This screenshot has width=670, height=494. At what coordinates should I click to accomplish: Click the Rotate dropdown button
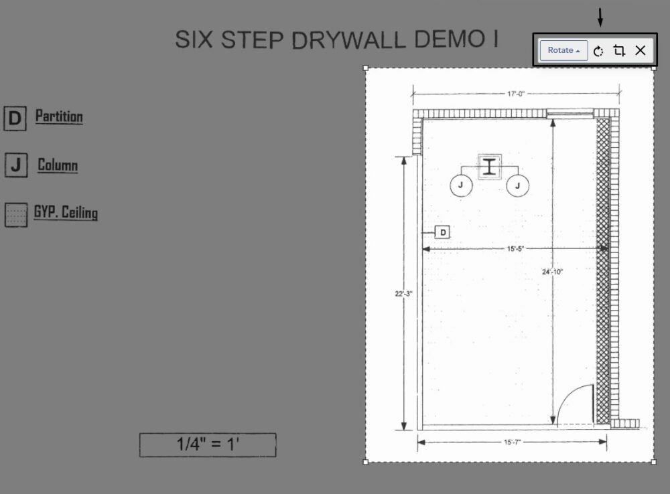[563, 50]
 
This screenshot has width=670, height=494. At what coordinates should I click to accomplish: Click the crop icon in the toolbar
[619, 50]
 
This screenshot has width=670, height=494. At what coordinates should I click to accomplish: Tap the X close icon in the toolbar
[640, 50]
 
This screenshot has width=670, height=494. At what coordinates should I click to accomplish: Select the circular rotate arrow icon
[598, 52]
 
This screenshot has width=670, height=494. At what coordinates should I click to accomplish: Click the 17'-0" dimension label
[516, 94]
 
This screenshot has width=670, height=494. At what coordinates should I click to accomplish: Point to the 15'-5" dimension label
[515, 248]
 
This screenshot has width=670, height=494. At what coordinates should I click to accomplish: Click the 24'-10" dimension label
[553, 272]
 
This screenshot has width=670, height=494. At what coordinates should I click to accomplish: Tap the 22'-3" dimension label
[403, 294]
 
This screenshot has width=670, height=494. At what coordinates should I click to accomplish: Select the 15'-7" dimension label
[513, 442]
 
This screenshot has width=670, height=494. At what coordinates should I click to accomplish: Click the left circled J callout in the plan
[461, 185]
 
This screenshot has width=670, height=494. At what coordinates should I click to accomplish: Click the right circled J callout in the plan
[517, 185]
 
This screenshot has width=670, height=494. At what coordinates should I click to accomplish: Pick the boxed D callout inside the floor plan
[443, 232]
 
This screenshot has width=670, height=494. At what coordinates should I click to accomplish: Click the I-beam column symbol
[490, 167]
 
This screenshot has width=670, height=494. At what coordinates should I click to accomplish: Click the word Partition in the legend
[59, 116]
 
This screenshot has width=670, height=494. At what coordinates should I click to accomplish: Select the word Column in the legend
[58, 165]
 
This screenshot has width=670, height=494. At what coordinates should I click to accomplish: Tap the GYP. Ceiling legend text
[66, 212]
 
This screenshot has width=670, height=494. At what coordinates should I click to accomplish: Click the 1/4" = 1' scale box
[208, 445]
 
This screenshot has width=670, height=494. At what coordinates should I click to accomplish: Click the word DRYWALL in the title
[348, 39]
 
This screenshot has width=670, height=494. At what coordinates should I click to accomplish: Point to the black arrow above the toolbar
[600, 17]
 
